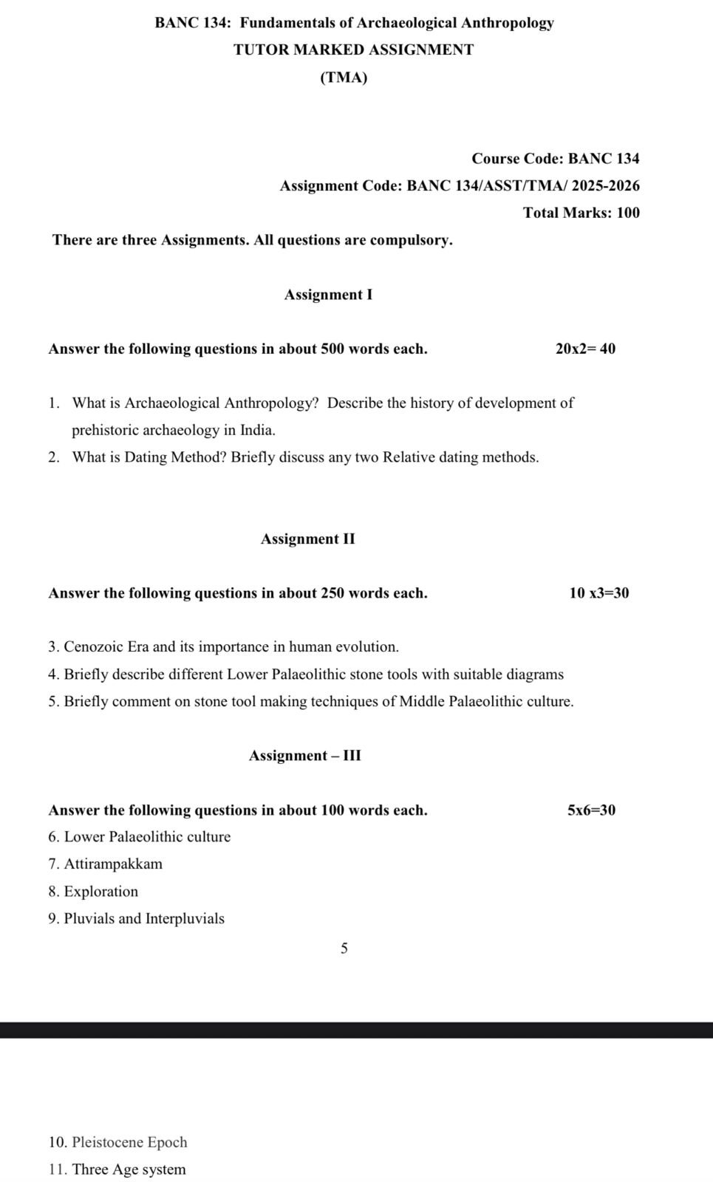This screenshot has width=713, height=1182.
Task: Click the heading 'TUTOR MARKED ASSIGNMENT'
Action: click(353, 50)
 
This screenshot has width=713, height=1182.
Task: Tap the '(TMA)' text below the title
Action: click(344, 78)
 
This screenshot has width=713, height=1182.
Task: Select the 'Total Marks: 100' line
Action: click(581, 213)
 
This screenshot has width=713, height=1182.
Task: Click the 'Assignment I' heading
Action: click(328, 295)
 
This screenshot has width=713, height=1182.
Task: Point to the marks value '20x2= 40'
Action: click(584, 349)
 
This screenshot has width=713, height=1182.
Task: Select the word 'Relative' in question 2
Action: click(409, 457)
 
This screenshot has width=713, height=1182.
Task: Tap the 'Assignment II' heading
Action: click(307, 539)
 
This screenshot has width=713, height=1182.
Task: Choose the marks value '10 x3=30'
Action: click(598, 593)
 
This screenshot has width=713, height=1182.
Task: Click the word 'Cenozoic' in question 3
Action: click(94, 647)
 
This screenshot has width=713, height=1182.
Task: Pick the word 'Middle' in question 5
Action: click(423, 702)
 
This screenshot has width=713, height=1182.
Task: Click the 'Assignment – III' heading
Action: click(304, 756)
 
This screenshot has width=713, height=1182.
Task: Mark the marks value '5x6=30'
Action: click(591, 810)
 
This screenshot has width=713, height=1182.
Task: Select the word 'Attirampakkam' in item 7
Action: click(113, 864)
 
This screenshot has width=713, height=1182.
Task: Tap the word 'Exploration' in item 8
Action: click(101, 892)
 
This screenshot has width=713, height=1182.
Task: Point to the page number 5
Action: click(344, 949)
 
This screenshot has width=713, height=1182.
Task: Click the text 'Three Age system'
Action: click(129, 1169)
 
